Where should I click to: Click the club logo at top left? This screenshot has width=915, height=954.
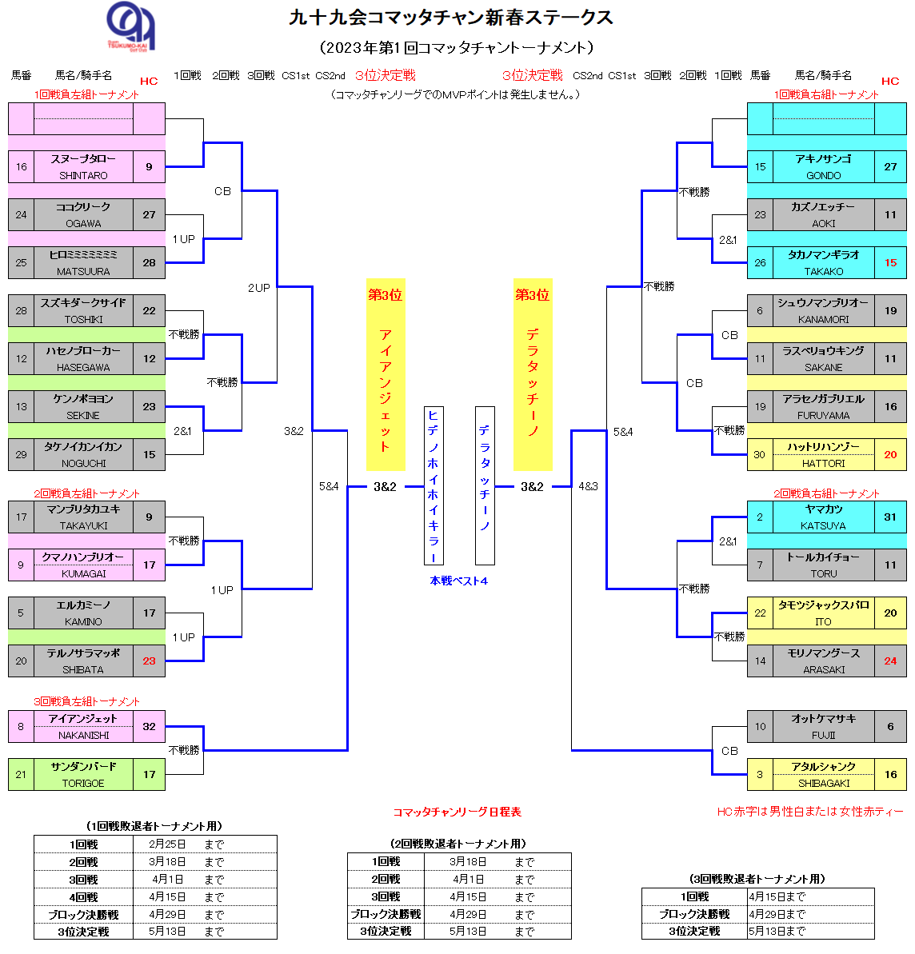click(x=131, y=26)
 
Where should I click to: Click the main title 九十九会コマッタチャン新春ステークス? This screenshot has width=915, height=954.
click(x=451, y=18)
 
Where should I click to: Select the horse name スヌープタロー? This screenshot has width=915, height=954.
click(x=83, y=159)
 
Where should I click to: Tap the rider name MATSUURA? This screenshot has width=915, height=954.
click(x=83, y=271)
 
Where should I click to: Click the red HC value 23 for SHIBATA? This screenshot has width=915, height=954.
click(x=149, y=661)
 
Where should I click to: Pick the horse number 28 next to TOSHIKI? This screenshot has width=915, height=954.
click(x=21, y=310)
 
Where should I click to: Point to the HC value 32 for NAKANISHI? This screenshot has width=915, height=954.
click(x=149, y=726)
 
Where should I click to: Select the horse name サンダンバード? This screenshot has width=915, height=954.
click(x=83, y=766)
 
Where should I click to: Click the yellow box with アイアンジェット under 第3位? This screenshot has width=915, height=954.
click(x=385, y=376)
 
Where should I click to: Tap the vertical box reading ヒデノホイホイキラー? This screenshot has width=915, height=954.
click(x=433, y=485)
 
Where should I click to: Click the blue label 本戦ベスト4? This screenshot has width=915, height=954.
click(x=458, y=581)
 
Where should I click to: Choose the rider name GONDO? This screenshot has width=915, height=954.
click(x=823, y=175)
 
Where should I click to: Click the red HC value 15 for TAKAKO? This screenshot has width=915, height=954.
click(x=890, y=262)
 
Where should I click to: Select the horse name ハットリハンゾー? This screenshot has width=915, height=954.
click(x=823, y=447)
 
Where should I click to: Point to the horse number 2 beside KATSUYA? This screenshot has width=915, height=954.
click(x=760, y=517)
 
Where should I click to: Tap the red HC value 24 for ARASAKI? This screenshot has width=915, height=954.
click(x=890, y=661)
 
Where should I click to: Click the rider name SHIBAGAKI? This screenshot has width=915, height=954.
click(x=823, y=783)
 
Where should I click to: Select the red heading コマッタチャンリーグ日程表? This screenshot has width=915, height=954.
click(x=457, y=812)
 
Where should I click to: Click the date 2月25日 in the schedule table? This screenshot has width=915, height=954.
click(x=167, y=844)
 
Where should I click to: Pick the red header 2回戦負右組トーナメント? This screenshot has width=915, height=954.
click(x=825, y=493)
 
